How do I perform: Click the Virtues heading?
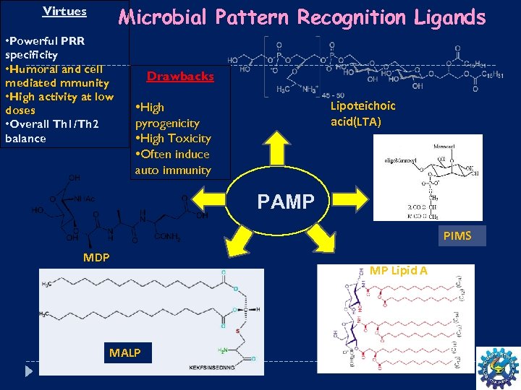(x=64, y=12)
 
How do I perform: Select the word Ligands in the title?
(x=449, y=17)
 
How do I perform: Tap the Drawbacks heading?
(x=180, y=77)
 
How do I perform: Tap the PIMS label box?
(x=457, y=235)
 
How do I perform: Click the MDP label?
(x=96, y=257)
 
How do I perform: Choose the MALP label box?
(x=124, y=352)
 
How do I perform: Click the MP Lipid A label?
(x=398, y=271)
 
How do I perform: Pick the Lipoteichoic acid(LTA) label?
(x=363, y=113)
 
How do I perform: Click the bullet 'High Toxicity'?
(x=173, y=139)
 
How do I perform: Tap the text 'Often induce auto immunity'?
(x=172, y=162)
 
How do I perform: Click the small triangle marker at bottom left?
(x=29, y=370)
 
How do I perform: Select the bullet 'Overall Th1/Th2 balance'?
(x=51, y=131)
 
